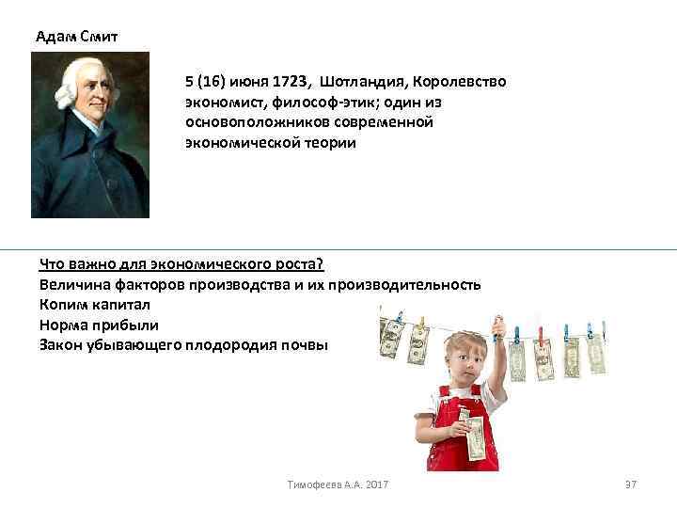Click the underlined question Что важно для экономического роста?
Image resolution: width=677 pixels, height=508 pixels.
(181, 264)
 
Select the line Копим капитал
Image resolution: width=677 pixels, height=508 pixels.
(94, 305)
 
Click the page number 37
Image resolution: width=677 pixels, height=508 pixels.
(631, 484)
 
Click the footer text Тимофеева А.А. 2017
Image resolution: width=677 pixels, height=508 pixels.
(338, 484)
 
